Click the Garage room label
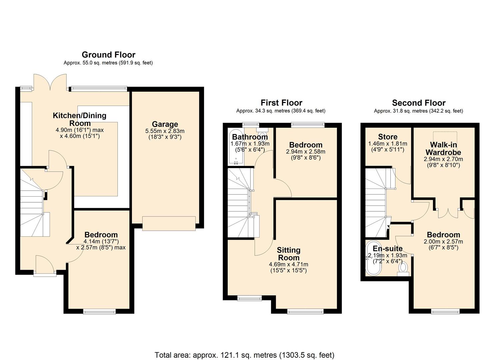[x=165, y=124]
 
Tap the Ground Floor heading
[x=108, y=55]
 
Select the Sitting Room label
[x=289, y=254]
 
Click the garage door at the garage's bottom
[x=169, y=223]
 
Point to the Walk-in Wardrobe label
[x=443, y=148]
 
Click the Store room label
[x=388, y=137]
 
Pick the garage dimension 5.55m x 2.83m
[x=165, y=131]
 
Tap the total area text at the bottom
[x=244, y=355]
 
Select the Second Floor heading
[x=418, y=103]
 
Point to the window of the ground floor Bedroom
[x=99, y=312]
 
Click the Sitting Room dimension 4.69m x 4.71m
[x=288, y=264]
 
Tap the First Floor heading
[x=281, y=103]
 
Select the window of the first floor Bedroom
[x=308, y=125]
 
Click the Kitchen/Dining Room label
[x=80, y=119]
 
